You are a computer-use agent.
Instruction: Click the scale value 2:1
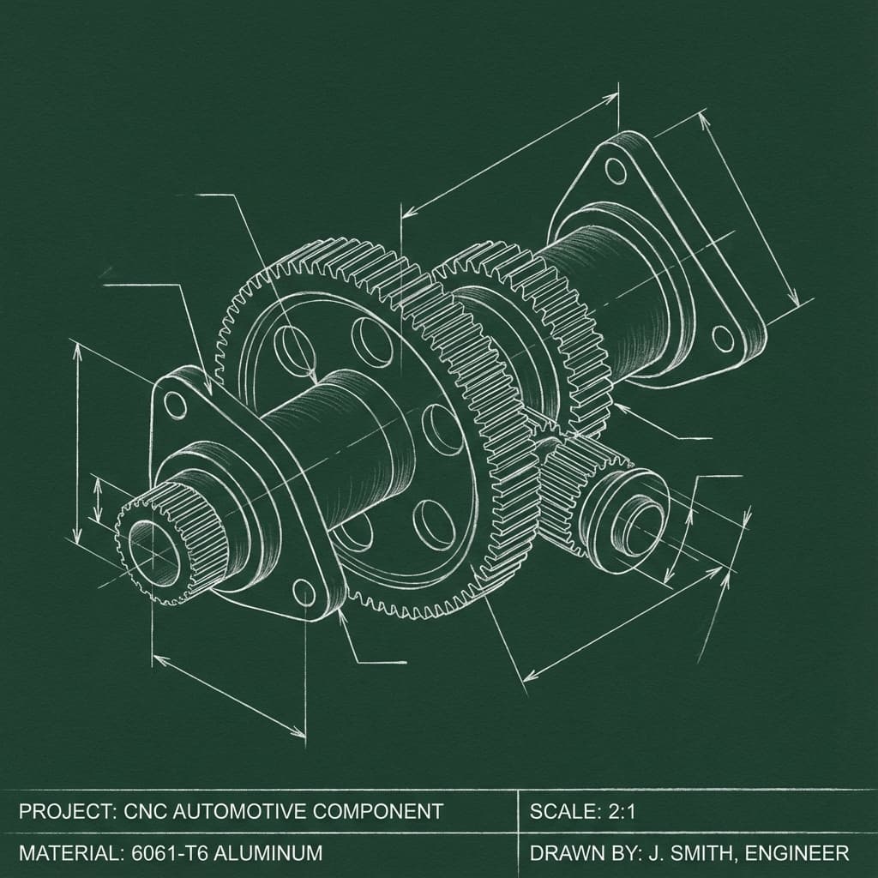(618, 811)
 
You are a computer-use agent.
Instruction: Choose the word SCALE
(562, 811)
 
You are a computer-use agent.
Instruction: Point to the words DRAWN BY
(578, 854)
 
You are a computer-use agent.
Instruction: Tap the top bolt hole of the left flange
(176, 405)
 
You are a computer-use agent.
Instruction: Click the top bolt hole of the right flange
(615, 169)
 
